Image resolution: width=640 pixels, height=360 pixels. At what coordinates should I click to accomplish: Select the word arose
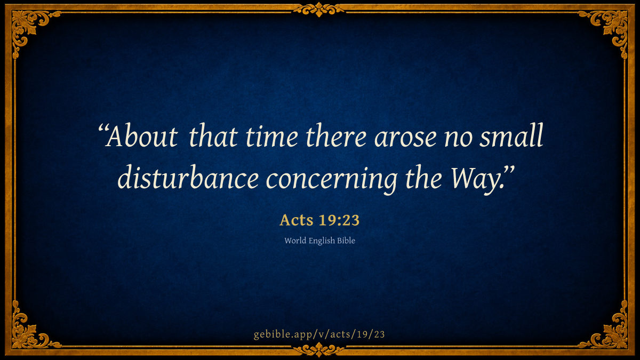pyautogui.click(x=405, y=139)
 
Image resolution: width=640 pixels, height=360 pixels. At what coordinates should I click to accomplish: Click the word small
pyautogui.click(x=511, y=135)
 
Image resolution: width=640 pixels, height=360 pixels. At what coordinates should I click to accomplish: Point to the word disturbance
pyautogui.click(x=188, y=177)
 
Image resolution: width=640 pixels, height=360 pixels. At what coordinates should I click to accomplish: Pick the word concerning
pyautogui.click(x=331, y=179)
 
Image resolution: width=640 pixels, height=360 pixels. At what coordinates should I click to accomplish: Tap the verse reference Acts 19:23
pyautogui.click(x=319, y=220)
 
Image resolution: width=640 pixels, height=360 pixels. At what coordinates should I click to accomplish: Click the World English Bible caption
pyautogui.click(x=319, y=241)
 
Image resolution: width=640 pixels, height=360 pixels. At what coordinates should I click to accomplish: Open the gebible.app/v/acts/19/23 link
pyautogui.click(x=319, y=334)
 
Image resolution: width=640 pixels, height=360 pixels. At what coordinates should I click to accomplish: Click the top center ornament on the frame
pyautogui.click(x=319, y=10)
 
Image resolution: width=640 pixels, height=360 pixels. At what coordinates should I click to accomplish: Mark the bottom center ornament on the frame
pyautogui.click(x=319, y=350)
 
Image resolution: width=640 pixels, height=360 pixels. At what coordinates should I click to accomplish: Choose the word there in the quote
pyautogui.click(x=336, y=137)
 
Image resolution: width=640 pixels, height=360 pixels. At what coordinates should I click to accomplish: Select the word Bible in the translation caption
pyautogui.click(x=346, y=241)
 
